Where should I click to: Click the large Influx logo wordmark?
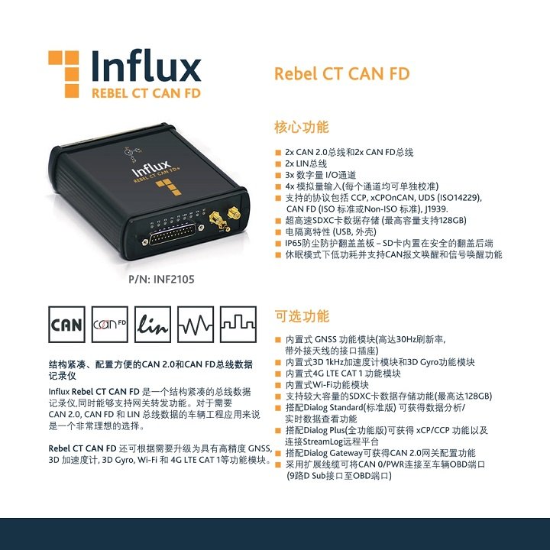coord(146,66)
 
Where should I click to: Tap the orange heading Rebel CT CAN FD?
coord(341,73)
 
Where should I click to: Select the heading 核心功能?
coord(301,127)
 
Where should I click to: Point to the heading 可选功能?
coord(301,316)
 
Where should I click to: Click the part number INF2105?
coord(174,280)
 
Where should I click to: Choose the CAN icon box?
coord(66,324)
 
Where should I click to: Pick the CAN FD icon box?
coord(110,324)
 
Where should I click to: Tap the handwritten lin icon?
coord(153,324)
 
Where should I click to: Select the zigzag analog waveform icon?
coord(196,324)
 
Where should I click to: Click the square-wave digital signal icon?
coord(238,324)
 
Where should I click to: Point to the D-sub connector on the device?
coord(173,234)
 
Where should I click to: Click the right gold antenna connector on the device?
coord(235,213)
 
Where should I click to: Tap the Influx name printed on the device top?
coord(151,169)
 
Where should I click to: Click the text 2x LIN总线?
coord(306,163)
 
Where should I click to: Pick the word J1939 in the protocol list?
coord(436,209)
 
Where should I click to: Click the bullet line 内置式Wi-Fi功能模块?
coord(327,385)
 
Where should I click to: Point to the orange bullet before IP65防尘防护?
coord(278,244)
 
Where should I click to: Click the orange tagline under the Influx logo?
coord(146,93)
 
